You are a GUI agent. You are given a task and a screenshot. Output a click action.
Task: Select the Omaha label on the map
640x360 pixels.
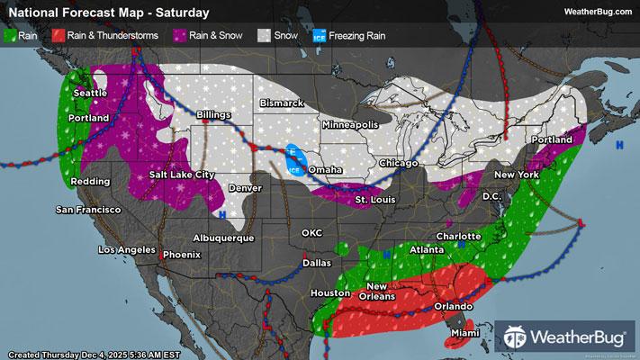click(x=324, y=169)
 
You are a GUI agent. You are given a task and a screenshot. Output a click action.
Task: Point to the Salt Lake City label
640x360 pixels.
click(x=183, y=174)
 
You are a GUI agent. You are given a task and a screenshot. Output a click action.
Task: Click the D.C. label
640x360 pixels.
click(x=491, y=195)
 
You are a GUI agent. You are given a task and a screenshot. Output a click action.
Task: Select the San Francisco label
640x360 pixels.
click(x=88, y=210)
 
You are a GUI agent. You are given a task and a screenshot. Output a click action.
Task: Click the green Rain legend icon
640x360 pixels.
click(x=10, y=36)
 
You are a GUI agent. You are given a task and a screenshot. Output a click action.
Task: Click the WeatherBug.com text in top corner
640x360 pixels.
click(x=598, y=12)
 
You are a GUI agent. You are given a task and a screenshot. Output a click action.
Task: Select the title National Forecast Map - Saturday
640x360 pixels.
click(x=107, y=13)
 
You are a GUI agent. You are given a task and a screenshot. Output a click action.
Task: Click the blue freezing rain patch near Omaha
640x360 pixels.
click(x=293, y=158)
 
